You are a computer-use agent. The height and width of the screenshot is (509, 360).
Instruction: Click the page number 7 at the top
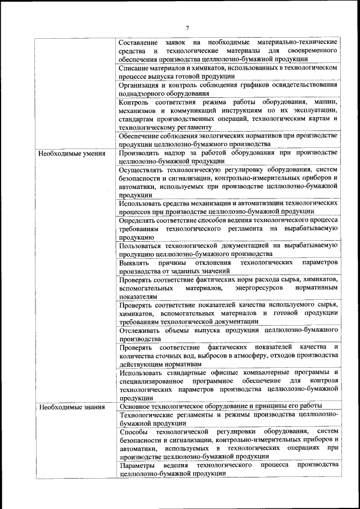[187, 28]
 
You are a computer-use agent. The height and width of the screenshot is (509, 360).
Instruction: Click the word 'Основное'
[136, 406]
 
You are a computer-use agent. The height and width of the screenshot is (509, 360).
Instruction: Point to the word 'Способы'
[133, 431]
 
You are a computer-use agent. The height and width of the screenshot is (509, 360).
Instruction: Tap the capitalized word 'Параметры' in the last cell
[137, 465]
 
